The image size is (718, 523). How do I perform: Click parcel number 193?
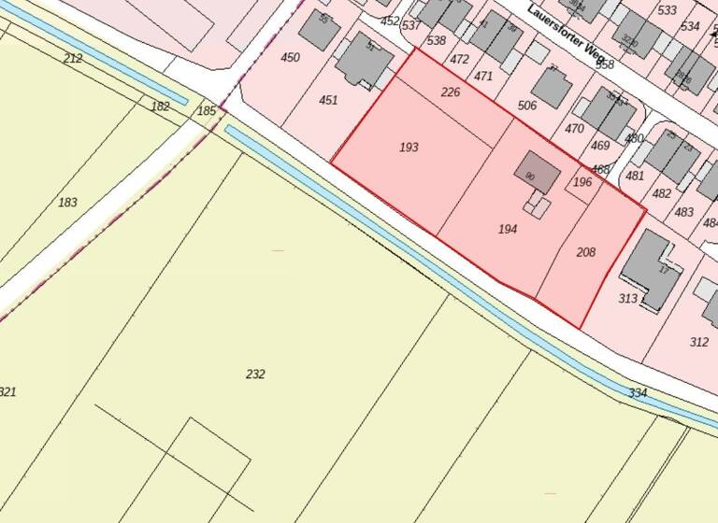pyautogui.click(x=409, y=148)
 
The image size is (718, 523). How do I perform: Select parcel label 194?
pyautogui.click(x=508, y=229)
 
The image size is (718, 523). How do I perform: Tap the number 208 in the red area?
pyautogui.click(x=586, y=252)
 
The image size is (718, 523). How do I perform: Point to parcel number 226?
pyautogui.click(x=451, y=92)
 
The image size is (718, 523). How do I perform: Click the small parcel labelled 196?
pyautogui.click(x=582, y=182)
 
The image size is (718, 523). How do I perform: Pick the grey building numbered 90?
pyautogui.click(x=537, y=173)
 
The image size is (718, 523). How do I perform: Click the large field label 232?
pyautogui.click(x=255, y=375)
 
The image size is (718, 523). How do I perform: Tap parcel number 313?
pyautogui.click(x=627, y=299)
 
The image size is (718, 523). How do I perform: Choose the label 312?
pyautogui.click(x=698, y=342)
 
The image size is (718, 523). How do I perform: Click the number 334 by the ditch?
pyautogui.click(x=638, y=393)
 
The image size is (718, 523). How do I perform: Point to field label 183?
pyautogui.click(x=67, y=203)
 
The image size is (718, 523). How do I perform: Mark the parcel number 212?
pyautogui.click(x=73, y=59)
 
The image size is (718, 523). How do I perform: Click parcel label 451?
pyautogui.click(x=328, y=101)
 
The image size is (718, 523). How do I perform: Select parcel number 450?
pyautogui.click(x=291, y=58)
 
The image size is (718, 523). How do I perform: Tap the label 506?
pyautogui.click(x=527, y=106)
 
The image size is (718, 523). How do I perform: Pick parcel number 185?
pyautogui.click(x=207, y=111)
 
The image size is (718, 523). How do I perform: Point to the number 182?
pyautogui.click(x=161, y=106)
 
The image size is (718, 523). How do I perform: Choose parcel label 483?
pyautogui.click(x=684, y=213)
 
